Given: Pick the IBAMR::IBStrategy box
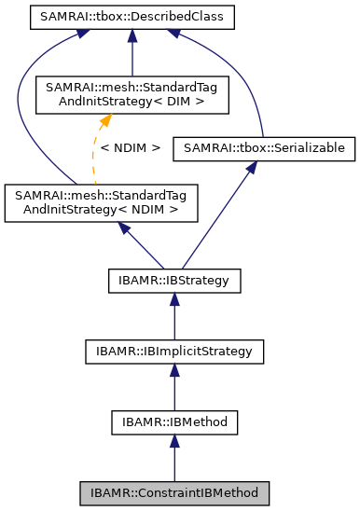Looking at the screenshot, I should click(173, 279).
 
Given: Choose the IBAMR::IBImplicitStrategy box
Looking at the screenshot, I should click(173, 351).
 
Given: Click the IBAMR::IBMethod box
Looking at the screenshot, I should click(173, 421).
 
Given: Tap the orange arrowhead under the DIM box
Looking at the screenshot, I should click(107, 118).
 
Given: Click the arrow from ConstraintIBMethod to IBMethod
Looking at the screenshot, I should click(173, 459).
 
